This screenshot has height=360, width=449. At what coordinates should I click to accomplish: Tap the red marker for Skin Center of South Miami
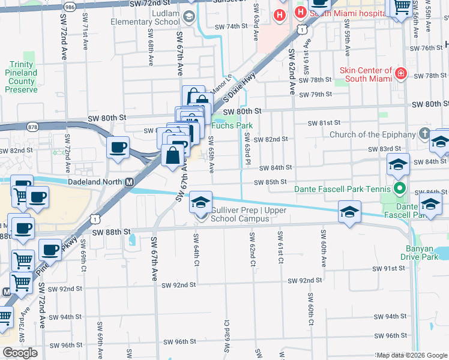click(401, 74)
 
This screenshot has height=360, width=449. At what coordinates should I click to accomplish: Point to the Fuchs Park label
click(232, 126)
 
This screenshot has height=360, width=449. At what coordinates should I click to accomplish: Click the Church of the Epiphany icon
click(425, 134)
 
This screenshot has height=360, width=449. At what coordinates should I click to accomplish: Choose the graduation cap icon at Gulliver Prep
click(202, 202)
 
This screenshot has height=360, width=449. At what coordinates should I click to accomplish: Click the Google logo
click(20, 353)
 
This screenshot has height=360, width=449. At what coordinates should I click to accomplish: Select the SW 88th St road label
click(111, 231)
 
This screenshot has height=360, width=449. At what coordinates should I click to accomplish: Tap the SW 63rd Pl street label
click(247, 149)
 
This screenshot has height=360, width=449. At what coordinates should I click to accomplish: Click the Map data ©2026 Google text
click(412, 355)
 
